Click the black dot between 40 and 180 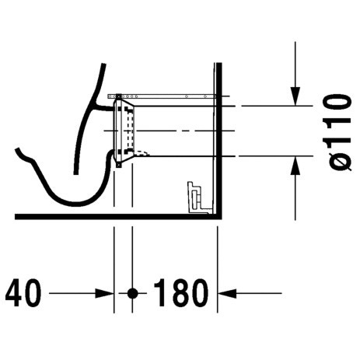[132, 294]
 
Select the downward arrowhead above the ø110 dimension [297, 96]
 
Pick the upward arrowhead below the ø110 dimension [297, 164]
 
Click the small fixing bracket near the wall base [194, 196]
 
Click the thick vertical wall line [217, 140]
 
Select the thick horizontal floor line [117, 215]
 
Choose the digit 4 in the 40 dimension [15, 294]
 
